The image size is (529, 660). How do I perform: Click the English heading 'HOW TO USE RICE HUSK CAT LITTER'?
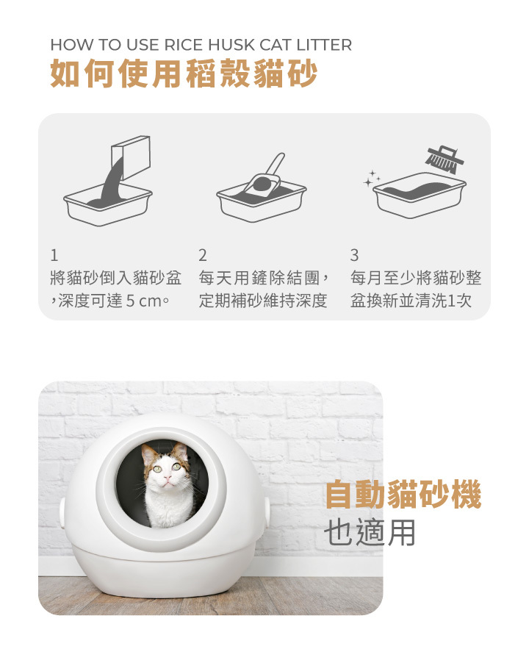coord(201,45)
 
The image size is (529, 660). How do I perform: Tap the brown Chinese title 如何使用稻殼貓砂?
coord(183,75)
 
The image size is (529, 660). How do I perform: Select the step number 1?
coord(54,255)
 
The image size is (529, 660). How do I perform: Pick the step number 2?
coord(203,255)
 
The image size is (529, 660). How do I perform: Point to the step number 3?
coord(354,255)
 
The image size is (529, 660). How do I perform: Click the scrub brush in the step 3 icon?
coord(445,156)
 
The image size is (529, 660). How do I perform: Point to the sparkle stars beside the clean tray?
coord(373,178)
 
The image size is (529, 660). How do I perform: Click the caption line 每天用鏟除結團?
coord(259,279)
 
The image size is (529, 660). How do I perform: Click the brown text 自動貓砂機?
coord(403,495)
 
